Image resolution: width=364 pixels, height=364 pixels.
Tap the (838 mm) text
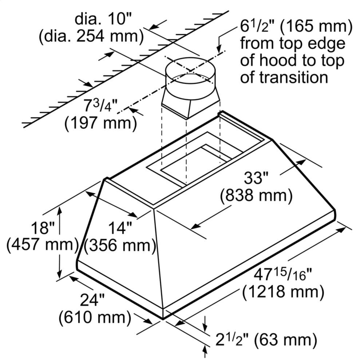tap(256, 196)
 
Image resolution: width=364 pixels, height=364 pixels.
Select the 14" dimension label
tap(120, 228)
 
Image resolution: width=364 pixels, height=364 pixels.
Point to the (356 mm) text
tap(120, 246)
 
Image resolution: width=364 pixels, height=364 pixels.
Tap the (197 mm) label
tap(100, 124)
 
